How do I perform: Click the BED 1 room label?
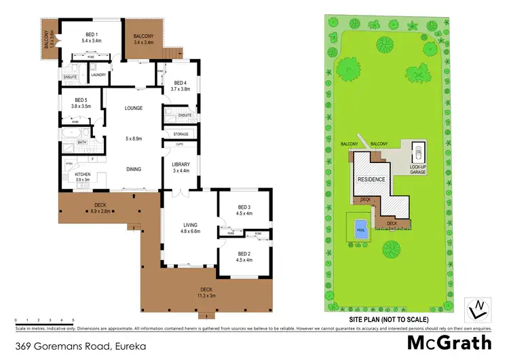point(92,35)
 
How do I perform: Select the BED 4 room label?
point(180,82)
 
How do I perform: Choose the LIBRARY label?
point(180,164)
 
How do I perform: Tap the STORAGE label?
point(181,134)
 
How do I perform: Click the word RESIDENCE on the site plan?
point(371,179)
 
